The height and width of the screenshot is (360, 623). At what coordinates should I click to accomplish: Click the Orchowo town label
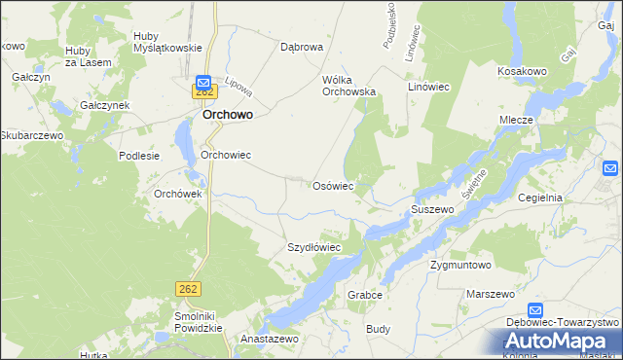tap(229, 114)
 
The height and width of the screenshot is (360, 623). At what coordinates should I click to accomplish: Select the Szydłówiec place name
tap(313, 247)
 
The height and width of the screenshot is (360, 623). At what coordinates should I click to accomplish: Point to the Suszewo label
tap(433, 209)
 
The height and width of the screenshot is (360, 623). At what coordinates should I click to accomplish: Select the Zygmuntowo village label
tap(461, 264)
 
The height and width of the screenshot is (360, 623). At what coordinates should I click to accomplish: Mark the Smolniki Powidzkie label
tap(193, 322)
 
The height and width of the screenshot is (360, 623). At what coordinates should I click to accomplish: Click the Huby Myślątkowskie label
tap(167, 41)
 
